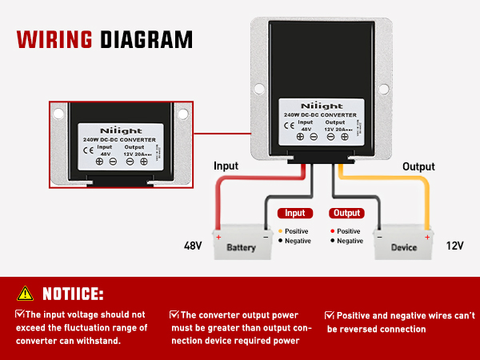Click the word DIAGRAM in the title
coord(146,39)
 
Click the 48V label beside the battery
coord(194,246)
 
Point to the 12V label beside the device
coord(454,246)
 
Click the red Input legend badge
coord(294,214)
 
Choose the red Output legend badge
coord(346,214)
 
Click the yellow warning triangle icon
coord(26,293)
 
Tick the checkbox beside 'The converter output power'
coord(174,315)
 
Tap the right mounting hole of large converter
coord(383,88)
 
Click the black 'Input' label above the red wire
coord(226,166)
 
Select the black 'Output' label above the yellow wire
coord(418,166)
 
